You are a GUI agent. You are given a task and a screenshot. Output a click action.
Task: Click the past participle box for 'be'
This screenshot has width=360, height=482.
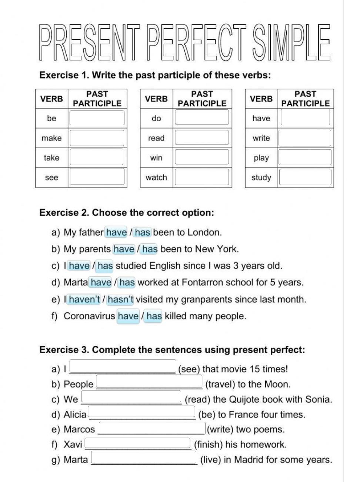pyautogui.click(x=97, y=118)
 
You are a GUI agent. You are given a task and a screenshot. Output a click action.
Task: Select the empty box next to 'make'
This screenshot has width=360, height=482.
pyautogui.click(x=97, y=138)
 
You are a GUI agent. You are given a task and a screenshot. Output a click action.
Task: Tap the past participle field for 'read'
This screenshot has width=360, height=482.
pyautogui.click(x=202, y=138)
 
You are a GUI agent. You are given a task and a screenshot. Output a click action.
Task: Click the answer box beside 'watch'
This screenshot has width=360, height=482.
pyautogui.click(x=202, y=177)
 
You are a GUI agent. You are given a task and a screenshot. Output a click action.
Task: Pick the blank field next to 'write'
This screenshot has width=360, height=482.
pyautogui.click(x=304, y=138)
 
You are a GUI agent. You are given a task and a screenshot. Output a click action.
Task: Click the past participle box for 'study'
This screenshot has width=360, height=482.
pyautogui.click(x=304, y=177)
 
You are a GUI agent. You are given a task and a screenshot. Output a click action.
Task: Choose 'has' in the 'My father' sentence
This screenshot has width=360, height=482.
pyautogui.click(x=143, y=232)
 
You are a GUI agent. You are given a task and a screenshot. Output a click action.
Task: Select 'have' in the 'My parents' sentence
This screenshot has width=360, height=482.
pyautogui.click(x=124, y=249)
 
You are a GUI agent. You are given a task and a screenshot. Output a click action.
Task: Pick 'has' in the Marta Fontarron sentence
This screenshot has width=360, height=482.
pyautogui.click(x=127, y=282)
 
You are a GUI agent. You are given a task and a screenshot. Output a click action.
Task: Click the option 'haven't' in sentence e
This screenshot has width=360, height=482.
pyautogui.click(x=84, y=299)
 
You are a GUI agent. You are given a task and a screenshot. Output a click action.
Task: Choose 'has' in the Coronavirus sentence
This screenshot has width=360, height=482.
pyautogui.click(x=154, y=316)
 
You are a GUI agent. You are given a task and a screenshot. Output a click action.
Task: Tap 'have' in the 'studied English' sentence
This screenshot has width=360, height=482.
pyautogui.click(x=79, y=266)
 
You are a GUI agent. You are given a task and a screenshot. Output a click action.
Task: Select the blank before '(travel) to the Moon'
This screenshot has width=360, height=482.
pyautogui.click(x=149, y=383)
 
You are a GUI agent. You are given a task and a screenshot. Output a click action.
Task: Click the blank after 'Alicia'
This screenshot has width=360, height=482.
pyautogui.click(x=141, y=413)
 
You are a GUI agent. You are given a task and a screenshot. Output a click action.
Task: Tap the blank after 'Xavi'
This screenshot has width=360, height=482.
pyautogui.click(x=137, y=443)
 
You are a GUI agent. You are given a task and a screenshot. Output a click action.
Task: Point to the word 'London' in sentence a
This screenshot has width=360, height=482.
pyautogui.click(x=204, y=232)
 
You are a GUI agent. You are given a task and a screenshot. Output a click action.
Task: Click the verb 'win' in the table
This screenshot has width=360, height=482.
pyautogui.click(x=156, y=157)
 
